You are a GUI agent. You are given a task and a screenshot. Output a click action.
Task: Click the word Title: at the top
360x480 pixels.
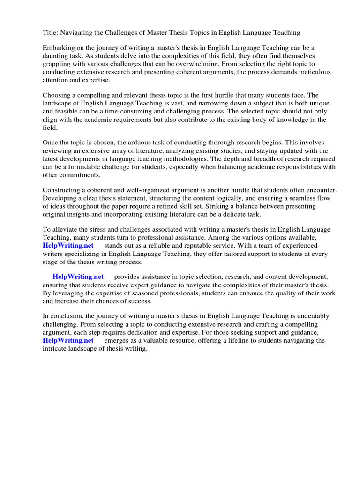pyautogui.click(x=51, y=33)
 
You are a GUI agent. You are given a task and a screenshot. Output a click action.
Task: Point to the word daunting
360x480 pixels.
pyautogui.click(x=56, y=56)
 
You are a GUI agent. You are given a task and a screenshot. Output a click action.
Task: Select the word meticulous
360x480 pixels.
pyautogui.click(x=313, y=72)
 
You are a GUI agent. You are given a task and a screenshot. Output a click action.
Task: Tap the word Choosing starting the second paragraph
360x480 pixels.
pyautogui.click(x=57, y=95)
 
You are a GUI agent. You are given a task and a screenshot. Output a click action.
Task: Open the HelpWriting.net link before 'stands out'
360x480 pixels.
pyautogui.click(x=68, y=245)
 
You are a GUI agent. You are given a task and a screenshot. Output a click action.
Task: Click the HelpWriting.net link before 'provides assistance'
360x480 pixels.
pyautogui.click(x=78, y=277)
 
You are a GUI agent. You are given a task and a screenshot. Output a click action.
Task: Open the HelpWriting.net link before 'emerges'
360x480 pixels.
pyautogui.click(x=68, y=340)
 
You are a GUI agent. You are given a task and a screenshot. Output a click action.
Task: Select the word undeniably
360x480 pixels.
pyautogui.click(x=311, y=316)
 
